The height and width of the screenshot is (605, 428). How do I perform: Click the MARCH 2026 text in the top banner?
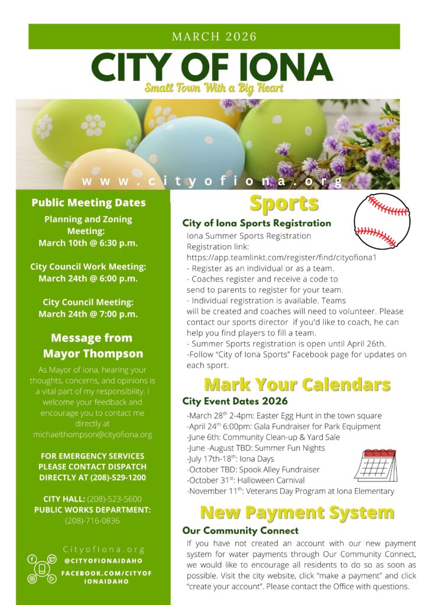coord(214,37)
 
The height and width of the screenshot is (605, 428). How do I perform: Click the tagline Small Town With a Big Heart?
coord(214,89)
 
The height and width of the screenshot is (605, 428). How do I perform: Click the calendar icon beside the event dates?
coord(375,466)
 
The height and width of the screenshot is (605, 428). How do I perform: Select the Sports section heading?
coord(284,203)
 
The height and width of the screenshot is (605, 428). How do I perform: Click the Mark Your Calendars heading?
coord(297,385)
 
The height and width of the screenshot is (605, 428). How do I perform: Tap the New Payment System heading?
coord(297,512)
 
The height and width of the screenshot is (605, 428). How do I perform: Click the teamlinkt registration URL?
coord(282,258)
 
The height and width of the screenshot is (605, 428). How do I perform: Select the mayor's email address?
coord(93,434)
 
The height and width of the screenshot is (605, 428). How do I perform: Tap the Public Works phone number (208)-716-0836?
coord(92,521)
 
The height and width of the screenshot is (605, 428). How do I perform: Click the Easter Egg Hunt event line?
coord(284,416)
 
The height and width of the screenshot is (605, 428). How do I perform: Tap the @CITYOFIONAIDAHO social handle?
coord(103,561)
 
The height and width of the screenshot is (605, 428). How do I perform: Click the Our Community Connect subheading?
coord(241,531)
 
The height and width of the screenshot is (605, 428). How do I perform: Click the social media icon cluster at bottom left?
coord(41,569)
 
